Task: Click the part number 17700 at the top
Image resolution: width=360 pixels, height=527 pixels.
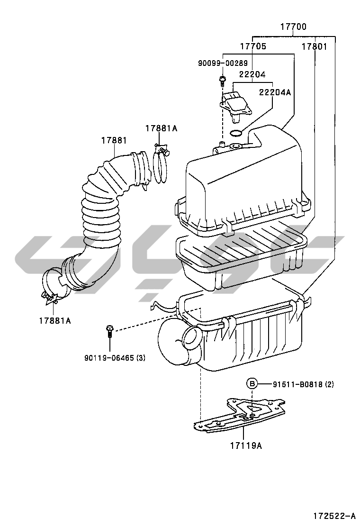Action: (x=294, y=27)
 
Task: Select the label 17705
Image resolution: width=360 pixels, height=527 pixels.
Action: (x=253, y=46)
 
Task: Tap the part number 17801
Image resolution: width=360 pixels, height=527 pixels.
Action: (x=314, y=46)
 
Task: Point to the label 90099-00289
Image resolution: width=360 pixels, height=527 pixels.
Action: (x=223, y=63)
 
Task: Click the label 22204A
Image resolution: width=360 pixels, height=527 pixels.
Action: (x=275, y=92)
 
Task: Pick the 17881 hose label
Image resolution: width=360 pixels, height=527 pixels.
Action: (x=114, y=140)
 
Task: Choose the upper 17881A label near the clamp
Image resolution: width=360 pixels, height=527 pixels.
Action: (x=161, y=128)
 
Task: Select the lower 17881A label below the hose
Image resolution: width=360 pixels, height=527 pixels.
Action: (x=55, y=321)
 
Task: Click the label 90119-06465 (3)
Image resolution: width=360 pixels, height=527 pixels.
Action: (x=115, y=358)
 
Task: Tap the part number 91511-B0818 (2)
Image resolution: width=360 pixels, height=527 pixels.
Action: (x=303, y=384)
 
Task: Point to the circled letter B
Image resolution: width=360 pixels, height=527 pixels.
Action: (x=252, y=383)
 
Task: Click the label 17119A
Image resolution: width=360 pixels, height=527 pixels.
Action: (x=246, y=445)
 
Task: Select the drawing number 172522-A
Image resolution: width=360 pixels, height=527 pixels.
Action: (x=334, y=516)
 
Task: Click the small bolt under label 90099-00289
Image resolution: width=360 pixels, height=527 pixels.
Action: (x=222, y=80)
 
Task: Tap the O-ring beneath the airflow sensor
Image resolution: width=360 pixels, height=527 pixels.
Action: (x=236, y=134)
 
